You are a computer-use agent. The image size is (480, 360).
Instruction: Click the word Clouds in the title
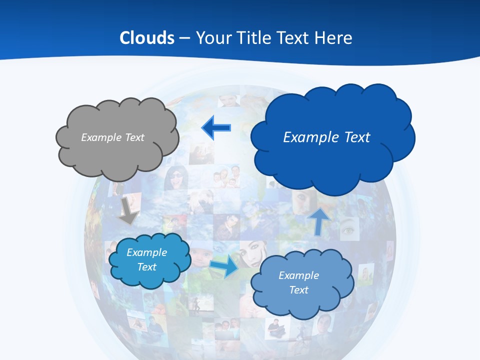click(147, 38)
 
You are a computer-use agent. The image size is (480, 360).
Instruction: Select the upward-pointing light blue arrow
click(319, 221)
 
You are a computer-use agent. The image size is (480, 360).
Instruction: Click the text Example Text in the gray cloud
click(112, 137)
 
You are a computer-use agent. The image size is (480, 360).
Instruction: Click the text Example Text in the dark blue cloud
click(326, 137)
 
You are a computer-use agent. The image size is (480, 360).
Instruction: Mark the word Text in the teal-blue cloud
click(146, 267)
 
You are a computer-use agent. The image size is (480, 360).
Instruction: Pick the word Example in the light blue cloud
click(298, 275)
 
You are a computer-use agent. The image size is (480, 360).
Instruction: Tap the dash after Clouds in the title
click(184, 38)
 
